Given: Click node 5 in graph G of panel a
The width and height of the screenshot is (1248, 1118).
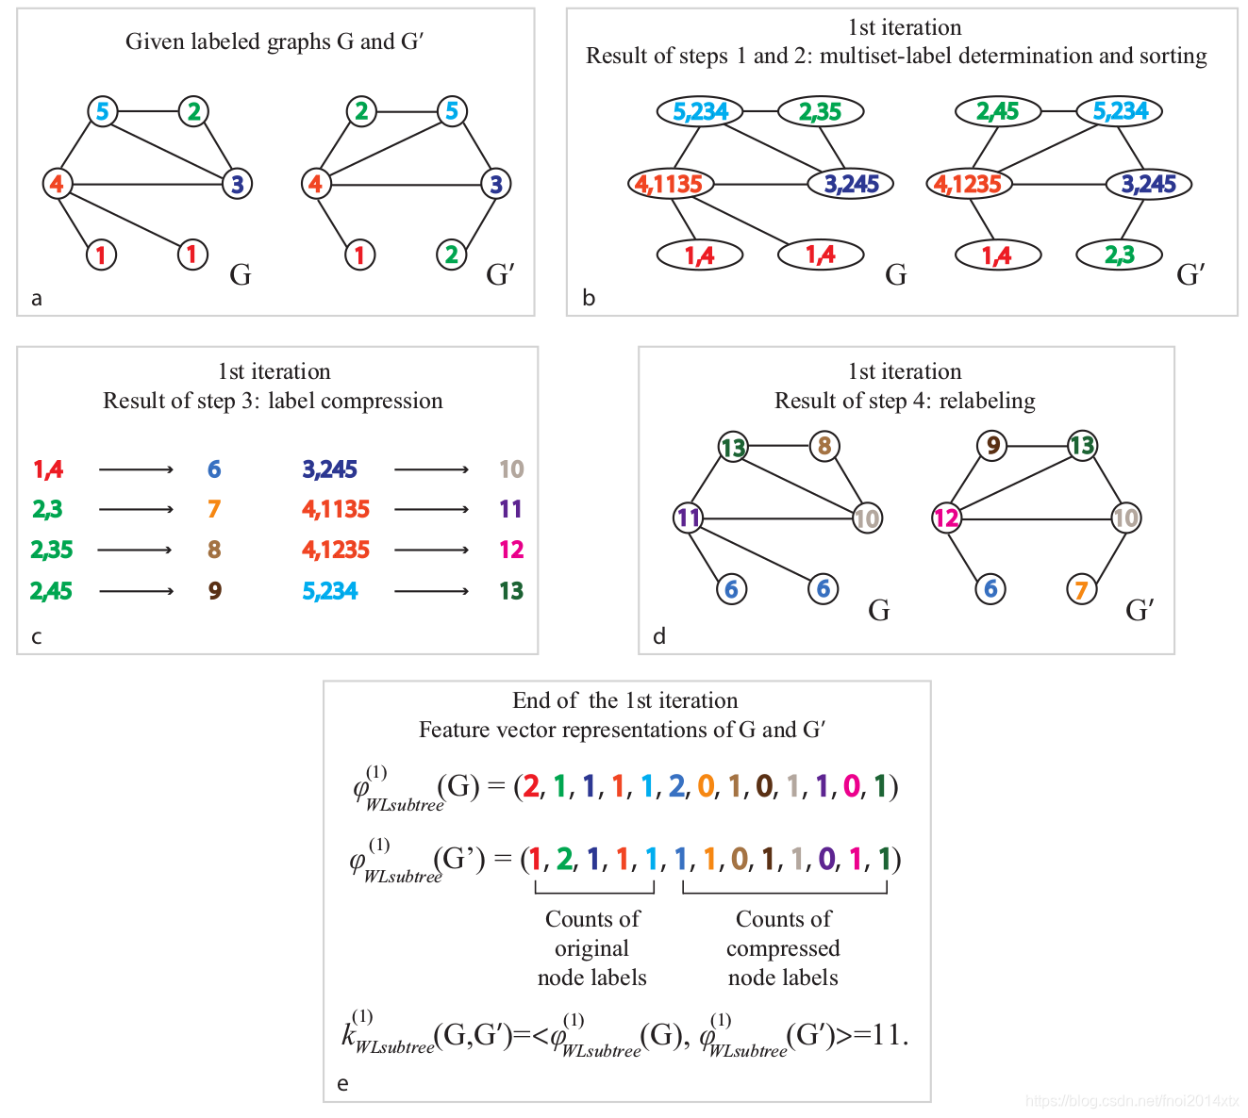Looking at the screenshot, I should coord(102,111).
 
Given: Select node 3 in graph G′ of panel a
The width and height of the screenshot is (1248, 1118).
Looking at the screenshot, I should coord(495,183).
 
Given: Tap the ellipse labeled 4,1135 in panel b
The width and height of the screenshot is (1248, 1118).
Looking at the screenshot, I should coord(670,183).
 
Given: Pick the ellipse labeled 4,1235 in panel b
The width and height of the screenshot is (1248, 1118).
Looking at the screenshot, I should coord(968,183).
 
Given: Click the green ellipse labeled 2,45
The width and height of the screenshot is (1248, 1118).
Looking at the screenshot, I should coord(997,111).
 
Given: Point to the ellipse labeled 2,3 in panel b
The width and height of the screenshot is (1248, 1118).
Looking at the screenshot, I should coord(1120,255).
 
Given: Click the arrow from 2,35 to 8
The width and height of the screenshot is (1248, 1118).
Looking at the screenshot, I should coord(136,550).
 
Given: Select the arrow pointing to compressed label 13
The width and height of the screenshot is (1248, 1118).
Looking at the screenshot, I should coord(431,591).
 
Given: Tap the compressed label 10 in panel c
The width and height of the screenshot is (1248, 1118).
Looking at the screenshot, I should coord(511,469).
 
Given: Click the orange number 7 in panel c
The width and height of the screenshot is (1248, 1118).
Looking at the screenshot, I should coord(214,509).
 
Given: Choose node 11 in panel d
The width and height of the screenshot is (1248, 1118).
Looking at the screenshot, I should coord(689,517).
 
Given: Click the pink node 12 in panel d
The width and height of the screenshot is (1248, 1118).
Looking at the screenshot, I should coord(946,518).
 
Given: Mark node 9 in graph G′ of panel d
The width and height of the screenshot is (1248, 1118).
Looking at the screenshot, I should coord(991,445).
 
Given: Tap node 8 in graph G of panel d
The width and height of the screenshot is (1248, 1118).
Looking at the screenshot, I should coord(824,445).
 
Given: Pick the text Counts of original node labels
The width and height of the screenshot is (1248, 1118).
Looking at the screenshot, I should coord(592,947).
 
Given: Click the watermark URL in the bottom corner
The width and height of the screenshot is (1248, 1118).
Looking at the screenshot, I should coord(1131,1100).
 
